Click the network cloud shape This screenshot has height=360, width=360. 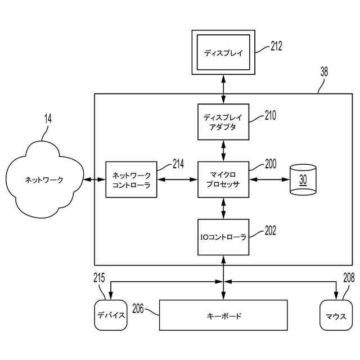click(44, 179)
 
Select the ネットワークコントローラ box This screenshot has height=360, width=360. click(131, 179)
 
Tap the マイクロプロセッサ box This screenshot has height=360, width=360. click(223, 179)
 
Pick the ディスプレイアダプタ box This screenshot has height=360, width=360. click(223, 122)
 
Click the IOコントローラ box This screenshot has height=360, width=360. click(223, 237)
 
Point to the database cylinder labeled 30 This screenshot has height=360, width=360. click(303, 179)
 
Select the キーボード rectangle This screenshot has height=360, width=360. click(223, 315)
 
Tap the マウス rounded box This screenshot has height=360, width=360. click(336, 315)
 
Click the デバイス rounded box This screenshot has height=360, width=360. click(111, 315)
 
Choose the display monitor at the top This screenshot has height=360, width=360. click(223, 52)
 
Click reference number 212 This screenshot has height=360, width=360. click(276, 46)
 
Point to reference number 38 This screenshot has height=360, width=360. click(324, 72)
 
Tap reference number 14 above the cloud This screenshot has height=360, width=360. click(48, 119)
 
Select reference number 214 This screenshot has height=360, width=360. click(178, 164)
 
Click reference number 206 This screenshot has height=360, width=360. click(138, 309)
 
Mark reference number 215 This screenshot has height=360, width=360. click(99, 278)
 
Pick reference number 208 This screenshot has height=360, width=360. click(349, 278)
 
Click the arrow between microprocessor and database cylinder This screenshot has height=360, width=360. click(269, 179)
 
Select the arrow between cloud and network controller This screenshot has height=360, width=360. click(94, 179)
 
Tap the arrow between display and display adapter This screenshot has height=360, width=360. click(223, 89)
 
